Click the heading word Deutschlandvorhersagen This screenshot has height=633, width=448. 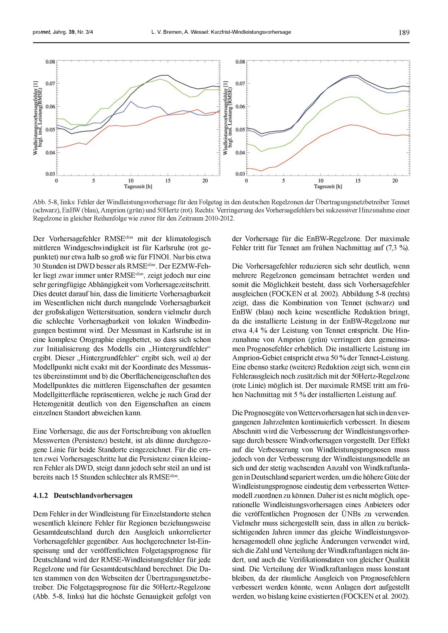[x=93, y=496]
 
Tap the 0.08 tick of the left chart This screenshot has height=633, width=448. [x=50, y=62]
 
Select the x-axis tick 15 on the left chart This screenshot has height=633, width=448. [x=168, y=181]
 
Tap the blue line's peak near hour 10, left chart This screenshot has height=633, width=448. [x=131, y=102]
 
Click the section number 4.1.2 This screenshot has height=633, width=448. [x=41, y=496]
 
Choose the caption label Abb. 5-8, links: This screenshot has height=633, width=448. [x=54, y=202]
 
